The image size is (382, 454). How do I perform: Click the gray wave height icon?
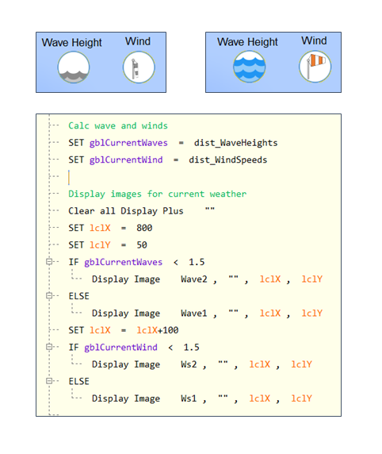(x=74, y=67)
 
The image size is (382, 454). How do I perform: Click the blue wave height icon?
(x=250, y=67)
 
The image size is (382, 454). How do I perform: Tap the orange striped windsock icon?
(x=315, y=67)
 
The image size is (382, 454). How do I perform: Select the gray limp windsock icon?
(x=139, y=67)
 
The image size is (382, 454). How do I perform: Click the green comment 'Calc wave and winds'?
(x=118, y=125)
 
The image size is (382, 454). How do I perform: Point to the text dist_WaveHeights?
(x=235, y=143)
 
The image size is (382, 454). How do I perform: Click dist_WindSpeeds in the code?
(x=228, y=160)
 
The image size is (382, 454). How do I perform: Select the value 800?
(x=144, y=228)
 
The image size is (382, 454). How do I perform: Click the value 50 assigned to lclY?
(x=142, y=245)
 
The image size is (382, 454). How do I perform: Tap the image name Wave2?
(x=194, y=279)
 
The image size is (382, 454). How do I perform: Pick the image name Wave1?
(x=194, y=314)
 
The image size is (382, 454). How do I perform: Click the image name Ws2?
(x=189, y=364)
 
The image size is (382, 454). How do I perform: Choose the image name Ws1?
(x=189, y=398)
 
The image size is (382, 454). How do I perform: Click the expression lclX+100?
(x=158, y=330)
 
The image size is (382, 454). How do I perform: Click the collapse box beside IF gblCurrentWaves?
(x=49, y=262)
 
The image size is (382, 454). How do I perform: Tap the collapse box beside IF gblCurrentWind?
(x=49, y=347)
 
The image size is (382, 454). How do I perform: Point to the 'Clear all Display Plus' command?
(x=126, y=211)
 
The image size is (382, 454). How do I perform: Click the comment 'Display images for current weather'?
(x=157, y=194)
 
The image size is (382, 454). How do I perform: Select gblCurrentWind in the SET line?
(x=126, y=160)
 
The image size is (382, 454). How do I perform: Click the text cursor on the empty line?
(x=69, y=177)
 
